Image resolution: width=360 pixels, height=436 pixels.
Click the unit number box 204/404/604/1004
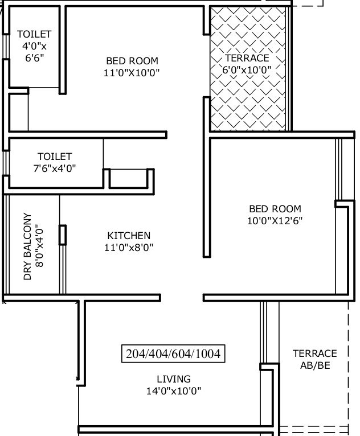point(173,353)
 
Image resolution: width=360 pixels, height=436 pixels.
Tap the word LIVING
point(174,379)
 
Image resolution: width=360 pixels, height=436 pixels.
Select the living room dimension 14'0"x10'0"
point(174,391)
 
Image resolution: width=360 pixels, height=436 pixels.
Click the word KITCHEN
point(129,236)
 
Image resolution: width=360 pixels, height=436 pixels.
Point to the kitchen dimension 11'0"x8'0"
point(129,247)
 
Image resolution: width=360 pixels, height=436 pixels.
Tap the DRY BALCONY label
point(27,246)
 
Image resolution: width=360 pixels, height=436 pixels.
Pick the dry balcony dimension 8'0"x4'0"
point(39,245)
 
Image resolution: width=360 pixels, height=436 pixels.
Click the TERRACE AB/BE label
point(315,359)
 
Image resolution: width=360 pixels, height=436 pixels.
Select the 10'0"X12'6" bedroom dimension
point(275,221)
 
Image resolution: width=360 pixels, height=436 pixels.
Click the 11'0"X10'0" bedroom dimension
point(132,73)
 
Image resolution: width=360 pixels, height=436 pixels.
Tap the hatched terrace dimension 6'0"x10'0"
point(247,70)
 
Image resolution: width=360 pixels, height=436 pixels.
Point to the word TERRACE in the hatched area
point(247,58)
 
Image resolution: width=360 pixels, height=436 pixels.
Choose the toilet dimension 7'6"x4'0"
point(55,168)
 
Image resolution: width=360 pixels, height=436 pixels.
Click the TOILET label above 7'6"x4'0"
point(55,157)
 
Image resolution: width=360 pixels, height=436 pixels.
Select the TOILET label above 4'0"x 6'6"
point(34,34)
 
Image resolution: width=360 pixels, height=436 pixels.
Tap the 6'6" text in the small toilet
point(35,58)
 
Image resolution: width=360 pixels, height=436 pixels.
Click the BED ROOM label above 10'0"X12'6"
point(275,209)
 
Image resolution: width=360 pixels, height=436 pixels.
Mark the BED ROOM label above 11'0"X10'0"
point(132,61)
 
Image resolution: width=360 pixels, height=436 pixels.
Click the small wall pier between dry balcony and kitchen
point(63,235)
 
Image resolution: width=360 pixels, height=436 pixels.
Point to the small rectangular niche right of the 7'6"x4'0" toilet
point(129,178)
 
